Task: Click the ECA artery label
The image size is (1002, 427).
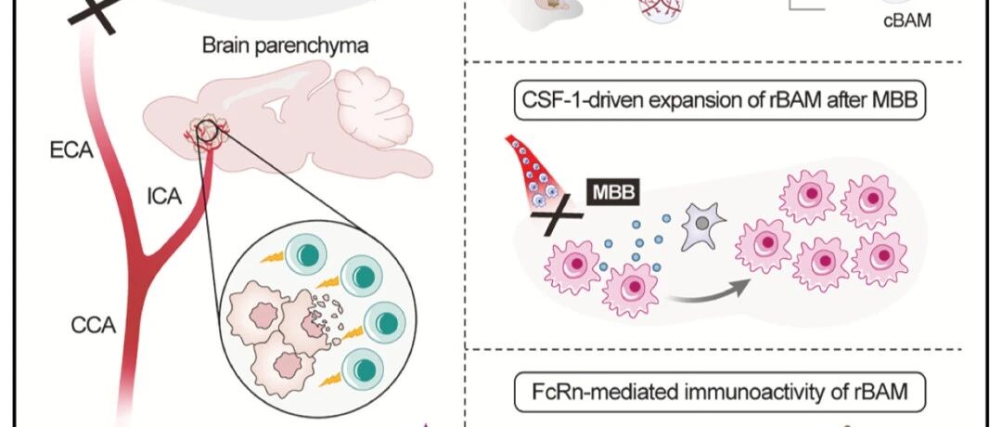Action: click(x=71, y=151)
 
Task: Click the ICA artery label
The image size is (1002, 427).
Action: click(x=164, y=198)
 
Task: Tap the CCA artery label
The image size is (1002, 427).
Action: click(x=94, y=326)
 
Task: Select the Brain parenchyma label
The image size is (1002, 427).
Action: click(x=286, y=46)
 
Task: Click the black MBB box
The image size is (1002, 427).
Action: click(x=613, y=192)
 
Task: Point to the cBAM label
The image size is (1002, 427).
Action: click(x=906, y=21)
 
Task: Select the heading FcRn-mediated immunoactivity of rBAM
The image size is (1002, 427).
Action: click(x=720, y=391)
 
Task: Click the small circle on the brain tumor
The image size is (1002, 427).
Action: click(x=206, y=129)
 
